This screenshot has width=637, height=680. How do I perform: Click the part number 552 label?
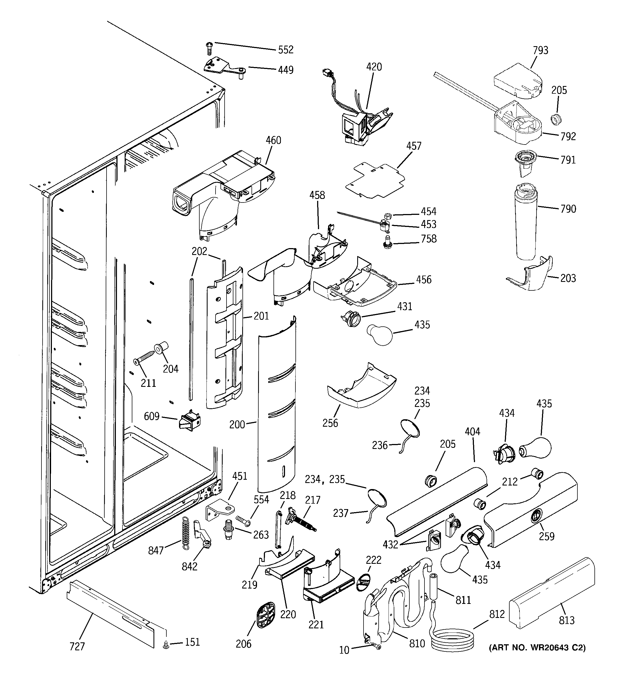pyautogui.click(x=286, y=50)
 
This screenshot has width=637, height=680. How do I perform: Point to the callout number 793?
pyautogui.click(x=540, y=51)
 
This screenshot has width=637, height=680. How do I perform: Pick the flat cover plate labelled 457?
pyautogui.click(x=375, y=181)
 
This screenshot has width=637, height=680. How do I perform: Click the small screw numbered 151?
pyautogui.click(x=166, y=645)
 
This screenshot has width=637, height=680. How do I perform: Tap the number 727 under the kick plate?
pyautogui.click(x=77, y=646)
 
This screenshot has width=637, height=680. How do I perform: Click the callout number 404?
pyautogui.click(x=472, y=432)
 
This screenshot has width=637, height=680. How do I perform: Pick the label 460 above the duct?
pyautogui.click(x=273, y=140)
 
